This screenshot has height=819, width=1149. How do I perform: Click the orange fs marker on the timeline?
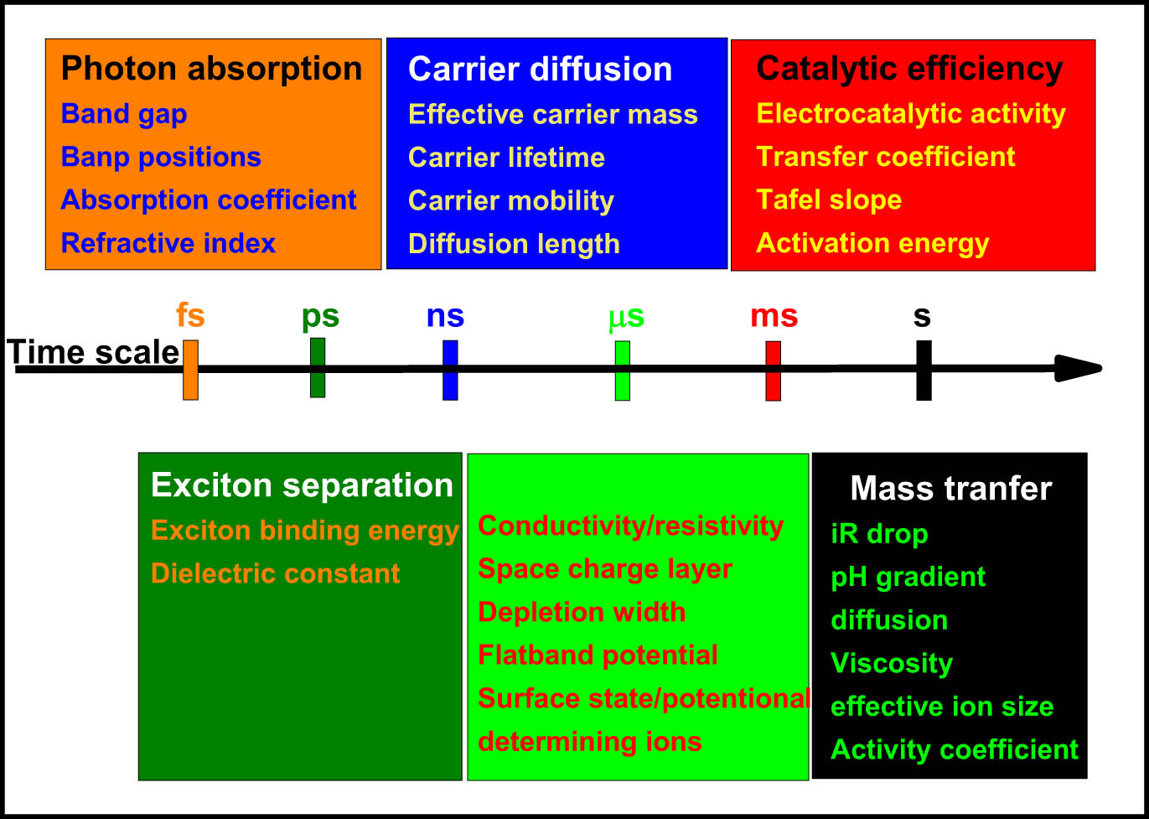pos(190,370)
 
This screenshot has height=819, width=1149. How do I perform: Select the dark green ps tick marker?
pos(318,367)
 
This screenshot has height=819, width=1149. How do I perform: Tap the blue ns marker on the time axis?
pos(450,370)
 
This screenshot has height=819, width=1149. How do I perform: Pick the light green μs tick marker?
pos(622,371)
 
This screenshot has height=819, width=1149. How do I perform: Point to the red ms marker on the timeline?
pos(773,371)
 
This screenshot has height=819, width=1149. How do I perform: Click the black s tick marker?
pos(923,370)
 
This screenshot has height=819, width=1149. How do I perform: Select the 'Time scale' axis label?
pos(94,353)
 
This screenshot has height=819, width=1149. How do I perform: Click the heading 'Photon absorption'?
pos(211,69)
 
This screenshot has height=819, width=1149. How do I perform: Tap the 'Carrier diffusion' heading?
pos(540,70)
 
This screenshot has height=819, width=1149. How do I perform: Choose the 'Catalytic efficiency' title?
pos(909,69)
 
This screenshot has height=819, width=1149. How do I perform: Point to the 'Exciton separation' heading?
pos(302,486)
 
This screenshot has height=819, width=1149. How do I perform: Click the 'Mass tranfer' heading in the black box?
pos(950,489)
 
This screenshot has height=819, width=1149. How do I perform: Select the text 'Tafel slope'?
pos(829,200)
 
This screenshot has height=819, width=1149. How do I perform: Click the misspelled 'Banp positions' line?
pos(161,157)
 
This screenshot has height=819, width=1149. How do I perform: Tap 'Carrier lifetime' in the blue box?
pos(506,158)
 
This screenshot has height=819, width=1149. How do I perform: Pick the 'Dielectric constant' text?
pos(275,573)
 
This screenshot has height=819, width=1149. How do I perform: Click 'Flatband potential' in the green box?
pos(598,655)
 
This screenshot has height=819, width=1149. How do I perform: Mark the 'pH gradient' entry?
pos(908,577)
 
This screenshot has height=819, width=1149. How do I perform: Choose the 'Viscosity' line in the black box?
pos(891,663)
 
